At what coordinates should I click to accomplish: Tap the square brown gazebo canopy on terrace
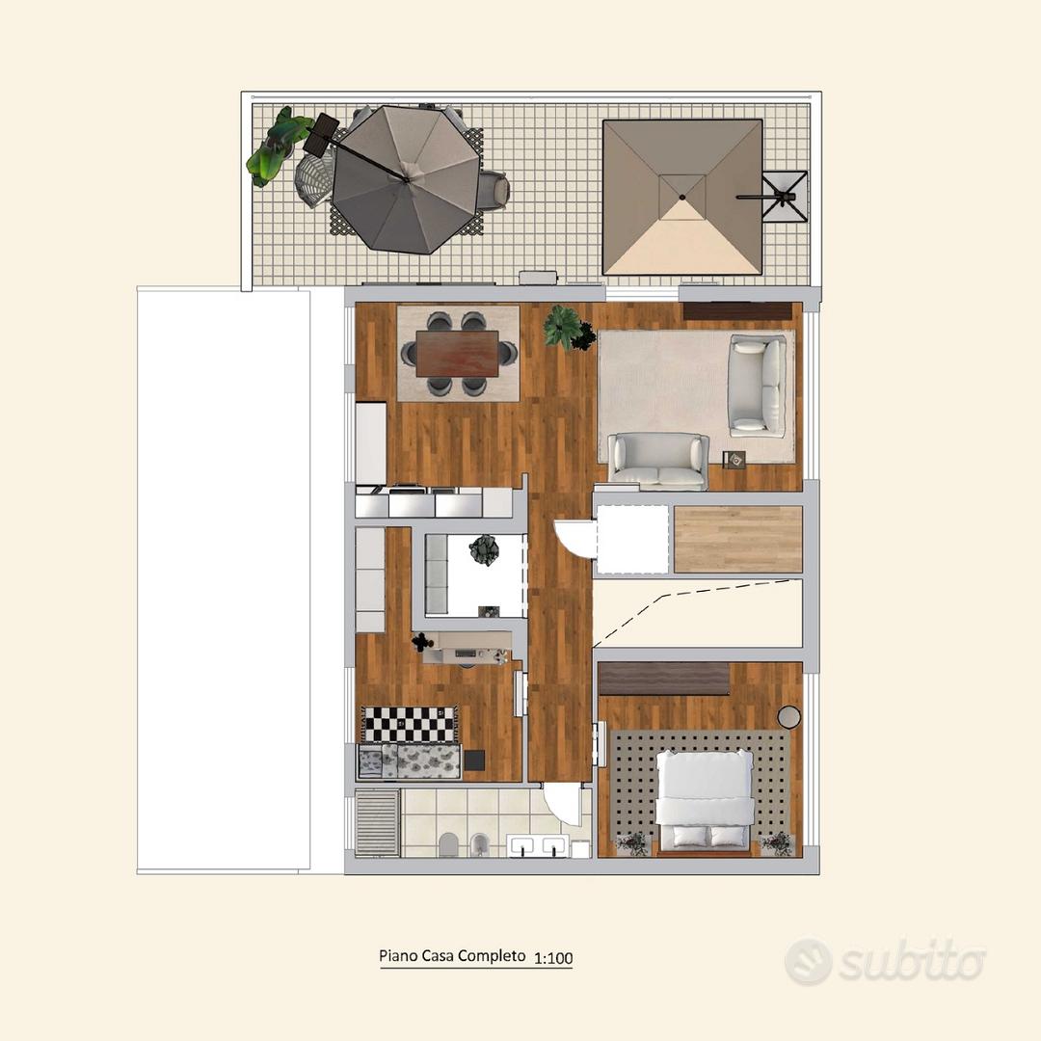[682, 198]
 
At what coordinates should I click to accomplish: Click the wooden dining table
[458, 353]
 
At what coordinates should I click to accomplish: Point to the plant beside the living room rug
[569, 328]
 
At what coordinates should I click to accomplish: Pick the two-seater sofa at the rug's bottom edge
[658, 461]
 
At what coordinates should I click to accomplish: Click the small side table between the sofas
[734, 459]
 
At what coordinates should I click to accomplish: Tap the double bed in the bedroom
[705, 800]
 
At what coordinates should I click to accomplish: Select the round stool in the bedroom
[788, 716]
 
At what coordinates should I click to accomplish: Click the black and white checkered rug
[409, 724]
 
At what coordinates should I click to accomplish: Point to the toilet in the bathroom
[449, 843]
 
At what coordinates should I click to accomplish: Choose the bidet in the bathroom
[479, 844]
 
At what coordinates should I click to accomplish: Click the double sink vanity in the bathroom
[537, 846]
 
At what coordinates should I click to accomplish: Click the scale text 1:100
[553, 958]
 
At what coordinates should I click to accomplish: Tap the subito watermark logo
[885, 961]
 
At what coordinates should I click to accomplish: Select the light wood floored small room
[738, 539]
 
